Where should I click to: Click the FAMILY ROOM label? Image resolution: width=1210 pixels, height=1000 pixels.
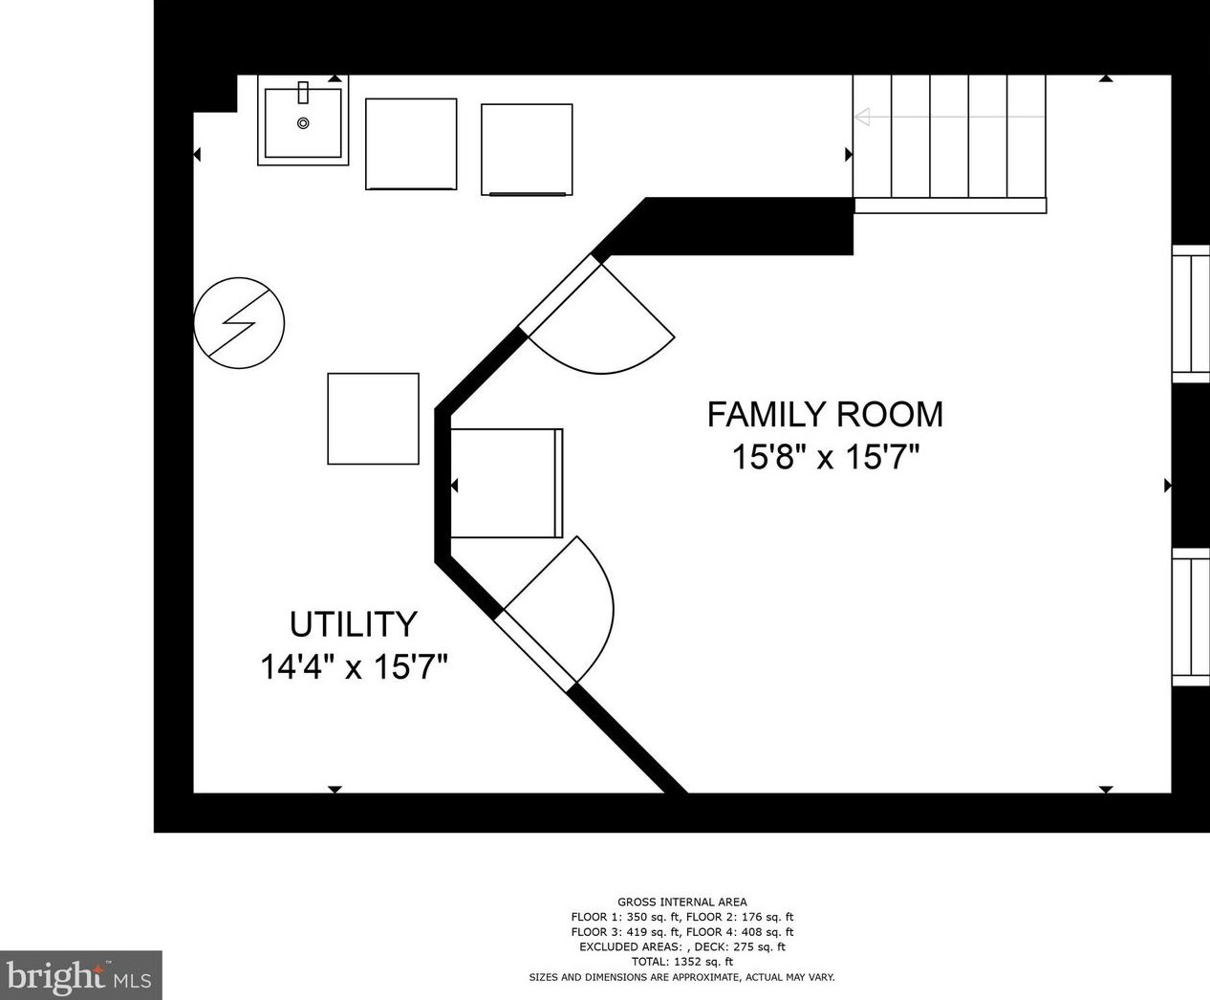[825, 415]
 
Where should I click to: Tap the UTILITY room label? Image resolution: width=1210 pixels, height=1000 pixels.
[354, 624]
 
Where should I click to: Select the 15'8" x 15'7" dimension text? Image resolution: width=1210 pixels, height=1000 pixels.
[827, 457]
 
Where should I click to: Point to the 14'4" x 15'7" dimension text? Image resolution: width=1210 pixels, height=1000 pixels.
[354, 666]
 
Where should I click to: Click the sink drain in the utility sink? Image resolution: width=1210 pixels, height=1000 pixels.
[303, 123]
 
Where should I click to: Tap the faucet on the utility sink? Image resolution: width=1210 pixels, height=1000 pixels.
[302, 93]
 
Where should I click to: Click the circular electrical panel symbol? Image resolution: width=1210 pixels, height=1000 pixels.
[239, 323]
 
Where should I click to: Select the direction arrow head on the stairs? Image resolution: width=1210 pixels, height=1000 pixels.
[862, 117]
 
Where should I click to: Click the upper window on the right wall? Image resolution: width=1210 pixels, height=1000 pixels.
[1191, 314]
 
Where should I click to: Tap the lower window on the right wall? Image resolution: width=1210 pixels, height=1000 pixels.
[1191, 618]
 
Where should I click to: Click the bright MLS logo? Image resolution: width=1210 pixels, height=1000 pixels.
[80, 975]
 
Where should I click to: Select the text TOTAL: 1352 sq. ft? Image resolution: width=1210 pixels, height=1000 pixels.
[682, 961]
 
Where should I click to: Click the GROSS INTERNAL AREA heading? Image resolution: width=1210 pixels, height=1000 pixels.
[682, 902]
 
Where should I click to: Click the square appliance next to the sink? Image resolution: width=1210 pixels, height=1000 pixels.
[411, 143]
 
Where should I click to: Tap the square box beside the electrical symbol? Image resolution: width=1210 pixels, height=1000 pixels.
[373, 419]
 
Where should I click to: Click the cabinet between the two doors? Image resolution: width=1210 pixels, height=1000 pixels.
[507, 483]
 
